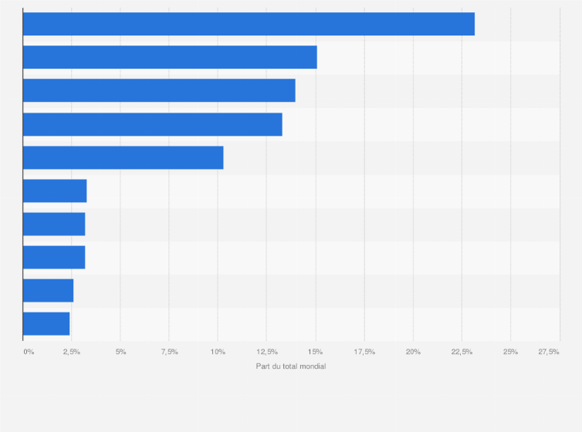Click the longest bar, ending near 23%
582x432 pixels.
point(249,24)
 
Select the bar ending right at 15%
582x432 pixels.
point(170,57)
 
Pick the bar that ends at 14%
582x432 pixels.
point(159,90)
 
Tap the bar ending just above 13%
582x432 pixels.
point(152,124)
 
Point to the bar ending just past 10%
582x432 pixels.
point(123,157)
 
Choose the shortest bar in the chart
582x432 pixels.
point(46,323)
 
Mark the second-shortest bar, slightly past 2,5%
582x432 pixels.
point(48,290)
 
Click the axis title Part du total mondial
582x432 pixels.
point(291,366)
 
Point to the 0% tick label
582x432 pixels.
point(29,352)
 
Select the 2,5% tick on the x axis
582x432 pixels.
point(71,352)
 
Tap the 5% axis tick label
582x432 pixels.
point(120,352)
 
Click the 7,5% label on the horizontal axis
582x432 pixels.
point(169,352)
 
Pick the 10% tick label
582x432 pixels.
point(218,352)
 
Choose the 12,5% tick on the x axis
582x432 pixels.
point(266,352)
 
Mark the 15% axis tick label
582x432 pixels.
point(315,352)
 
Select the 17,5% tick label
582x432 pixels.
point(364,352)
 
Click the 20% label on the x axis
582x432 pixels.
point(413,352)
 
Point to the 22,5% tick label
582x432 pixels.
point(462,352)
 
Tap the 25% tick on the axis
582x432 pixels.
point(510,352)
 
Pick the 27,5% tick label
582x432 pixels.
point(549,352)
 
